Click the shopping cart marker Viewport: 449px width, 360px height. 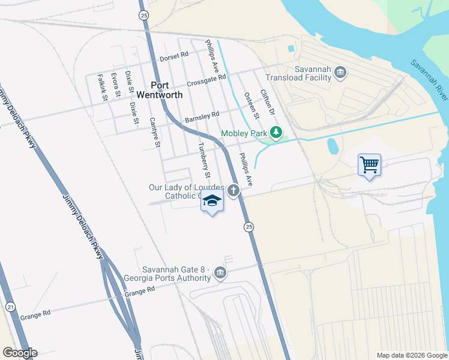coord(369,164)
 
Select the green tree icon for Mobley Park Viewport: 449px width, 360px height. coord(276,132)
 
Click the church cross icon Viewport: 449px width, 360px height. coord(234,191)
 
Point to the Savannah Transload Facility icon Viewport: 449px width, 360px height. coord(340,73)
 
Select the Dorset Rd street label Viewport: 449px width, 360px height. coord(174,56)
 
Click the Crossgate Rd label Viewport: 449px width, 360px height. coord(206,80)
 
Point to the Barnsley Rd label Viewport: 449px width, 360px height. coord(202,115)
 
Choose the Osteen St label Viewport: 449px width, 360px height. coord(251,105)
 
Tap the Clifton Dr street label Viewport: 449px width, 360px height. coord(267,103)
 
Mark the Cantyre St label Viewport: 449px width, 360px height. coord(155,132)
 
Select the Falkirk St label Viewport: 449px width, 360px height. coord(102,88)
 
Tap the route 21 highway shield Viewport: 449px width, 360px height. coord(11,307)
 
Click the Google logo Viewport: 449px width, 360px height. coord(20,353)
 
